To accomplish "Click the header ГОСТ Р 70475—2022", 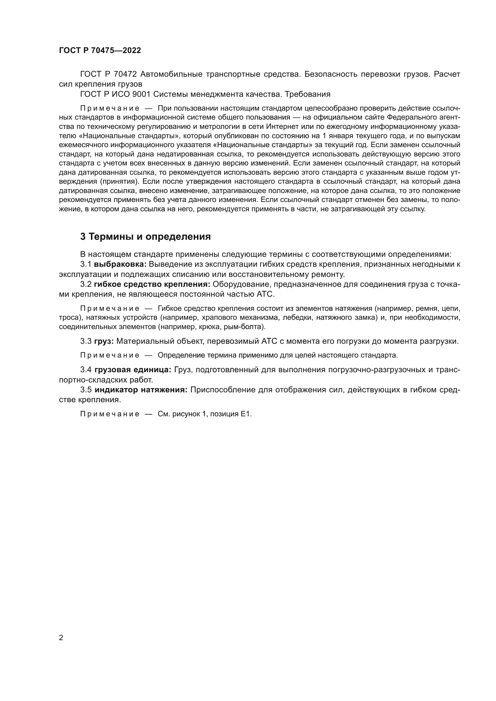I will [x=100, y=51].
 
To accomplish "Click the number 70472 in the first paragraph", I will [x=127, y=74].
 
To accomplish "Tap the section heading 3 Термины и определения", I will [x=145, y=237].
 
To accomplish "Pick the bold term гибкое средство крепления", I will [x=152, y=284].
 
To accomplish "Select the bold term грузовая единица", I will [x=133, y=370].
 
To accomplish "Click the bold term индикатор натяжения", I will [x=141, y=390].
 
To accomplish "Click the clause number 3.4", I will [x=86, y=370].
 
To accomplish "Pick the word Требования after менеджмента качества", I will [x=308, y=94].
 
